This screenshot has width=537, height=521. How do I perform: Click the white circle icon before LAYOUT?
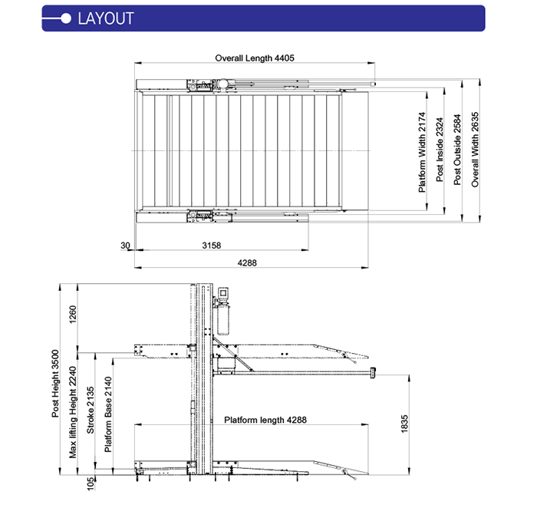pos(67,18)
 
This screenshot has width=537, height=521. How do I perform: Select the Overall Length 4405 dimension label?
pos(255,58)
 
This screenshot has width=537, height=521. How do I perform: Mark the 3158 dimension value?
pos(211,246)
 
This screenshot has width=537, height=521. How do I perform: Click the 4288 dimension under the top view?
pos(247,262)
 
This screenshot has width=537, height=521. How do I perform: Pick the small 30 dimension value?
pos(125,246)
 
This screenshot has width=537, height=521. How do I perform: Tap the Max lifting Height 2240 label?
pos(74,411)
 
